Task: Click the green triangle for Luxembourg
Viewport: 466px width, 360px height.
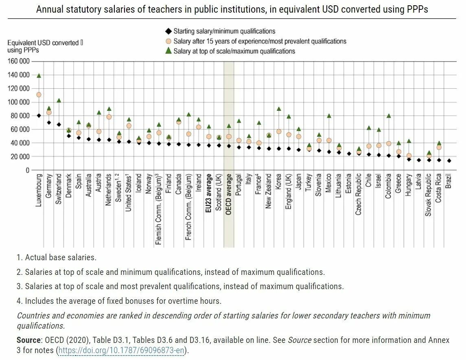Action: point(39,76)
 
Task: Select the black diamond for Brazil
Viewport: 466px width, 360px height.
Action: point(448,160)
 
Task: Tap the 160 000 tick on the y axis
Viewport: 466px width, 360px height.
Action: point(18,61)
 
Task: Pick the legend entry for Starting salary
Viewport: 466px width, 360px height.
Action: point(224,31)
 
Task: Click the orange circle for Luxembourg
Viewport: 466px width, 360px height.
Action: point(39,94)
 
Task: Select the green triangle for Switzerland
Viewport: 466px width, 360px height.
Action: point(59,100)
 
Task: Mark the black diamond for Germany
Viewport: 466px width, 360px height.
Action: point(49,122)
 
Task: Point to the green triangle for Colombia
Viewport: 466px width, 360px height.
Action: point(389,116)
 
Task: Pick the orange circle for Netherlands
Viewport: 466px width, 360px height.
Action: point(109,117)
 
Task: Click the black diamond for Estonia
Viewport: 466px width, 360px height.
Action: point(349,154)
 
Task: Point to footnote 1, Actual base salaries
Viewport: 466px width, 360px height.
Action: point(57,257)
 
